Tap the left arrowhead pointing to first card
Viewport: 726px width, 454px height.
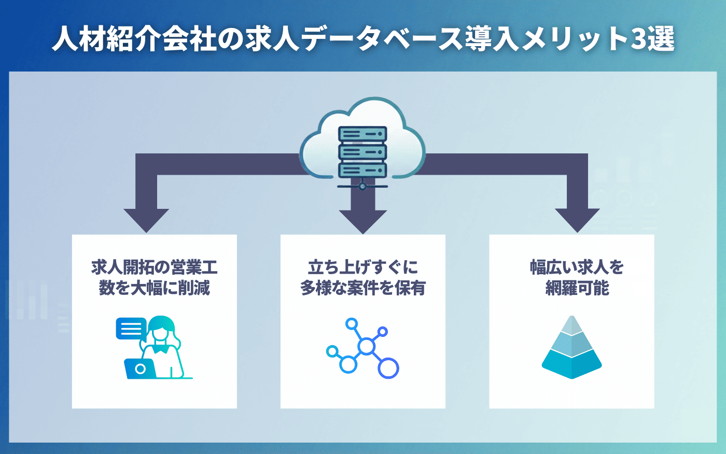(146, 220)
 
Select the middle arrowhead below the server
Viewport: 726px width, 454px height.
(363, 221)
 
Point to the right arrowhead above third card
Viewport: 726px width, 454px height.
(577, 220)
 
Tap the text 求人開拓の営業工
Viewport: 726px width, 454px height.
(155, 267)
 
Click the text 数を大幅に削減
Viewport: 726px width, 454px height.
(155, 288)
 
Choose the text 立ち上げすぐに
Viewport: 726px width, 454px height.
(363, 267)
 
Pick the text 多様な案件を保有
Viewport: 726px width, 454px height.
(363, 288)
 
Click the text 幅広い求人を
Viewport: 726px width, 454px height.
(577, 267)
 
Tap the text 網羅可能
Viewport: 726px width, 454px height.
(577, 288)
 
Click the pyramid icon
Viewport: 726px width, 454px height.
(571, 350)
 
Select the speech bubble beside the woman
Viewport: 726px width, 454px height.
(131, 328)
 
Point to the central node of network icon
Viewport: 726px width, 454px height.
(367, 346)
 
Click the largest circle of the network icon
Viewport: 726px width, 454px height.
(388, 368)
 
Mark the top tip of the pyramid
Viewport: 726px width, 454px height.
(571, 317)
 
